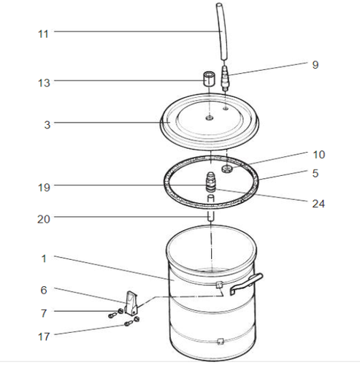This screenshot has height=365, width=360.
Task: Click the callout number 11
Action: click(x=43, y=34)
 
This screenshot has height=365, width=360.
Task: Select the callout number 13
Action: click(x=44, y=82)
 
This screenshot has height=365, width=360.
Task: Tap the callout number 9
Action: click(x=315, y=65)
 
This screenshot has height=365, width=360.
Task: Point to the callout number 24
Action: click(x=318, y=204)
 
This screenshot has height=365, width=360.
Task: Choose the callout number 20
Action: click(x=44, y=219)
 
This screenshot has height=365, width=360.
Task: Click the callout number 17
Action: click(x=44, y=337)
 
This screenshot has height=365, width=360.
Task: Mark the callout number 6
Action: click(x=44, y=290)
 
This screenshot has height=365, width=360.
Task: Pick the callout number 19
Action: click(x=44, y=188)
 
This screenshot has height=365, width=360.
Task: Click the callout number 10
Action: click(x=318, y=155)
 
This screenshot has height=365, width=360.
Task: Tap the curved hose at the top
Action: click(x=223, y=31)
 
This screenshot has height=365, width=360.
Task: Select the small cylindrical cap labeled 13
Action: click(x=210, y=79)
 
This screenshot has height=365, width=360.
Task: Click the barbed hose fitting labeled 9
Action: click(x=225, y=78)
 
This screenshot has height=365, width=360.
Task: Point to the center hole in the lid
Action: click(x=210, y=118)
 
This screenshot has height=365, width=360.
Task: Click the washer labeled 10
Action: click(x=227, y=169)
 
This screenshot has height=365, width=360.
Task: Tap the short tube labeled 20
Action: click(x=211, y=207)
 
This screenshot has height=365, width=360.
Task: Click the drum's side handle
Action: click(x=246, y=283)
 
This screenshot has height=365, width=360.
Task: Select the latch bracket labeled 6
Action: click(x=131, y=302)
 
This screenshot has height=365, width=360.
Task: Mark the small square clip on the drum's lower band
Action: click(x=221, y=341)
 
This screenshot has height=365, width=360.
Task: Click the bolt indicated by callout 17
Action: click(x=128, y=323)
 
